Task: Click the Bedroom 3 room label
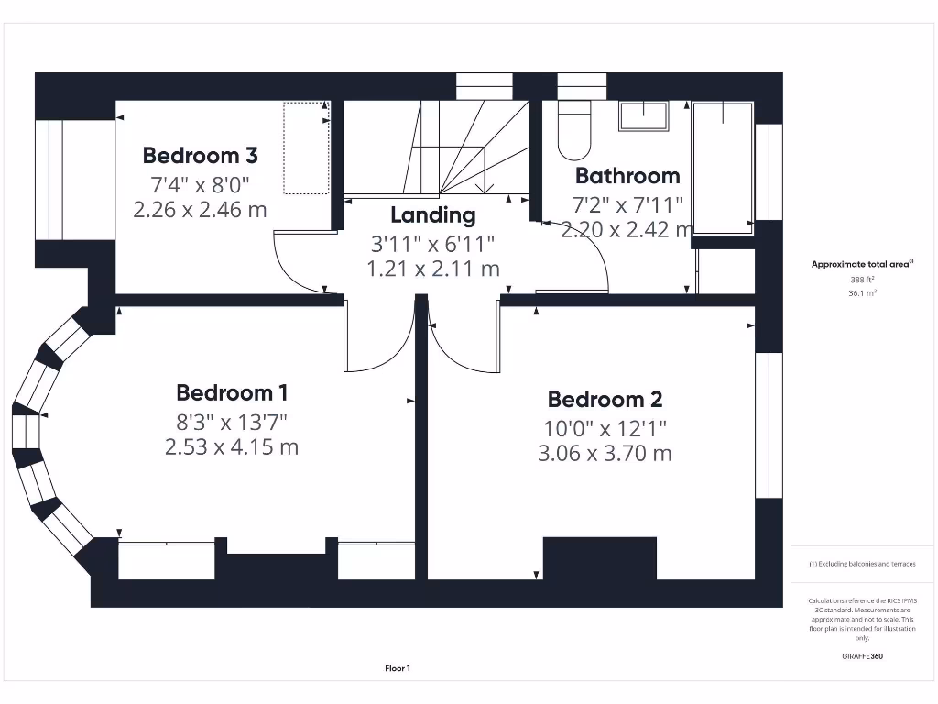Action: click(200, 154)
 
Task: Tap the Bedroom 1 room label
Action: click(232, 393)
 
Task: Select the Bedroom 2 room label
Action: click(605, 400)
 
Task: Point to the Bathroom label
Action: click(627, 175)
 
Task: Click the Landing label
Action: click(433, 215)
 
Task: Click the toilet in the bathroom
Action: click(574, 131)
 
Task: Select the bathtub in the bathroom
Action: click(723, 165)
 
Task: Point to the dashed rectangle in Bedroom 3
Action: click(305, 148)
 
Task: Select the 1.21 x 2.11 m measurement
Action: click(433, 269)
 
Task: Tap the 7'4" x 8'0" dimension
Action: click(200, 182)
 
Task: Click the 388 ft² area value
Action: click(861, 280)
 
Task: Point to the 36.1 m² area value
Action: click(861, 293)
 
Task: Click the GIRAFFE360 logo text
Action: click(861, 656)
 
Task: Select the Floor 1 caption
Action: click(398, 669)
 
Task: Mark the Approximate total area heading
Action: click(861, 264)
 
